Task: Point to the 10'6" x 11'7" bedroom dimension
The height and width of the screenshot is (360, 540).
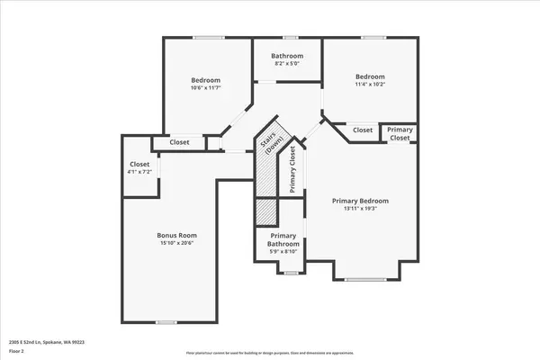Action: click(x=206, y=87)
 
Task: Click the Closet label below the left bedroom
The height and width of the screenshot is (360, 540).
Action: click(x=179, y=142)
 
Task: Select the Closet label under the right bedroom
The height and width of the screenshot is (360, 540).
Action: click(x=362, y=130)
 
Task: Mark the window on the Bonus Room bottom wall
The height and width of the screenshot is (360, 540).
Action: click(x=166, y=322)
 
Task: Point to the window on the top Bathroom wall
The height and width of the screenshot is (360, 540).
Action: click(x=289, y=38)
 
